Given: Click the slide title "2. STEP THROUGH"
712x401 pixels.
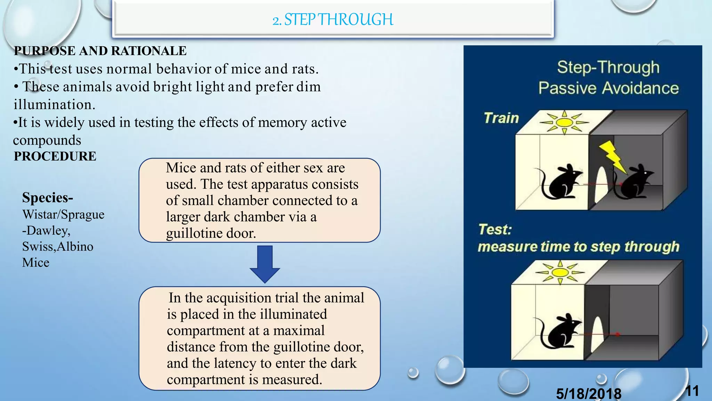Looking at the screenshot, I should tap(333, 19).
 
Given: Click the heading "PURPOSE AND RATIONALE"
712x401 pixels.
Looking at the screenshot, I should tap(100, 51).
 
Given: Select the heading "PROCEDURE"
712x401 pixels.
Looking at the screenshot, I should tap(55, 156).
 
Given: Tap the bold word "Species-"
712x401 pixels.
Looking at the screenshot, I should tap(48, 198).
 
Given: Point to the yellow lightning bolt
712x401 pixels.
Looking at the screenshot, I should tap(613, 156).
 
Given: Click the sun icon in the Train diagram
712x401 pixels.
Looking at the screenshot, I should tap(564, 123).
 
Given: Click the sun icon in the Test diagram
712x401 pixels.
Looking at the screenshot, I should tap(560, 272).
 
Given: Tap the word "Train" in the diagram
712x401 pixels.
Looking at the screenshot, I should tap(501, 118).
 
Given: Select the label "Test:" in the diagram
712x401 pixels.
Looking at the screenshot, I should tap(495, 229).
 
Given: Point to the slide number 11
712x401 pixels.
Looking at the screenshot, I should tap(692, 391).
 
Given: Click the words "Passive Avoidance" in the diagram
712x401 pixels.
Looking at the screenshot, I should tap(608, 88).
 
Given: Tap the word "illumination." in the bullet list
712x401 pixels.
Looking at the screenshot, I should tap(54, 104).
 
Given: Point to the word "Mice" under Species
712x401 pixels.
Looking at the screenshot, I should tap(36, 262).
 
